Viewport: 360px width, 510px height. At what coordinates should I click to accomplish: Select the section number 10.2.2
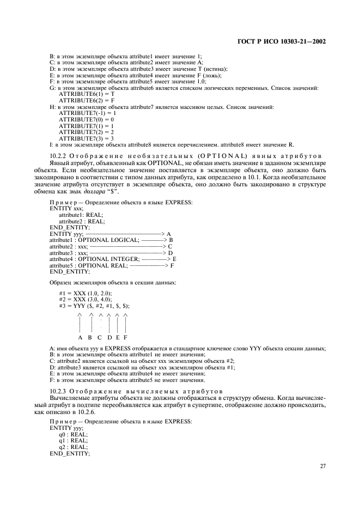pos(58,156)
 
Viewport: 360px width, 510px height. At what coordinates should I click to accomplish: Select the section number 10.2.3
pos(58,391)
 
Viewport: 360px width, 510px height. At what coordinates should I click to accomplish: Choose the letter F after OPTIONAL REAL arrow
pos(172,265)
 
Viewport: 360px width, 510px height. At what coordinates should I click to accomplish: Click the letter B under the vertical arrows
pos(90,337)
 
